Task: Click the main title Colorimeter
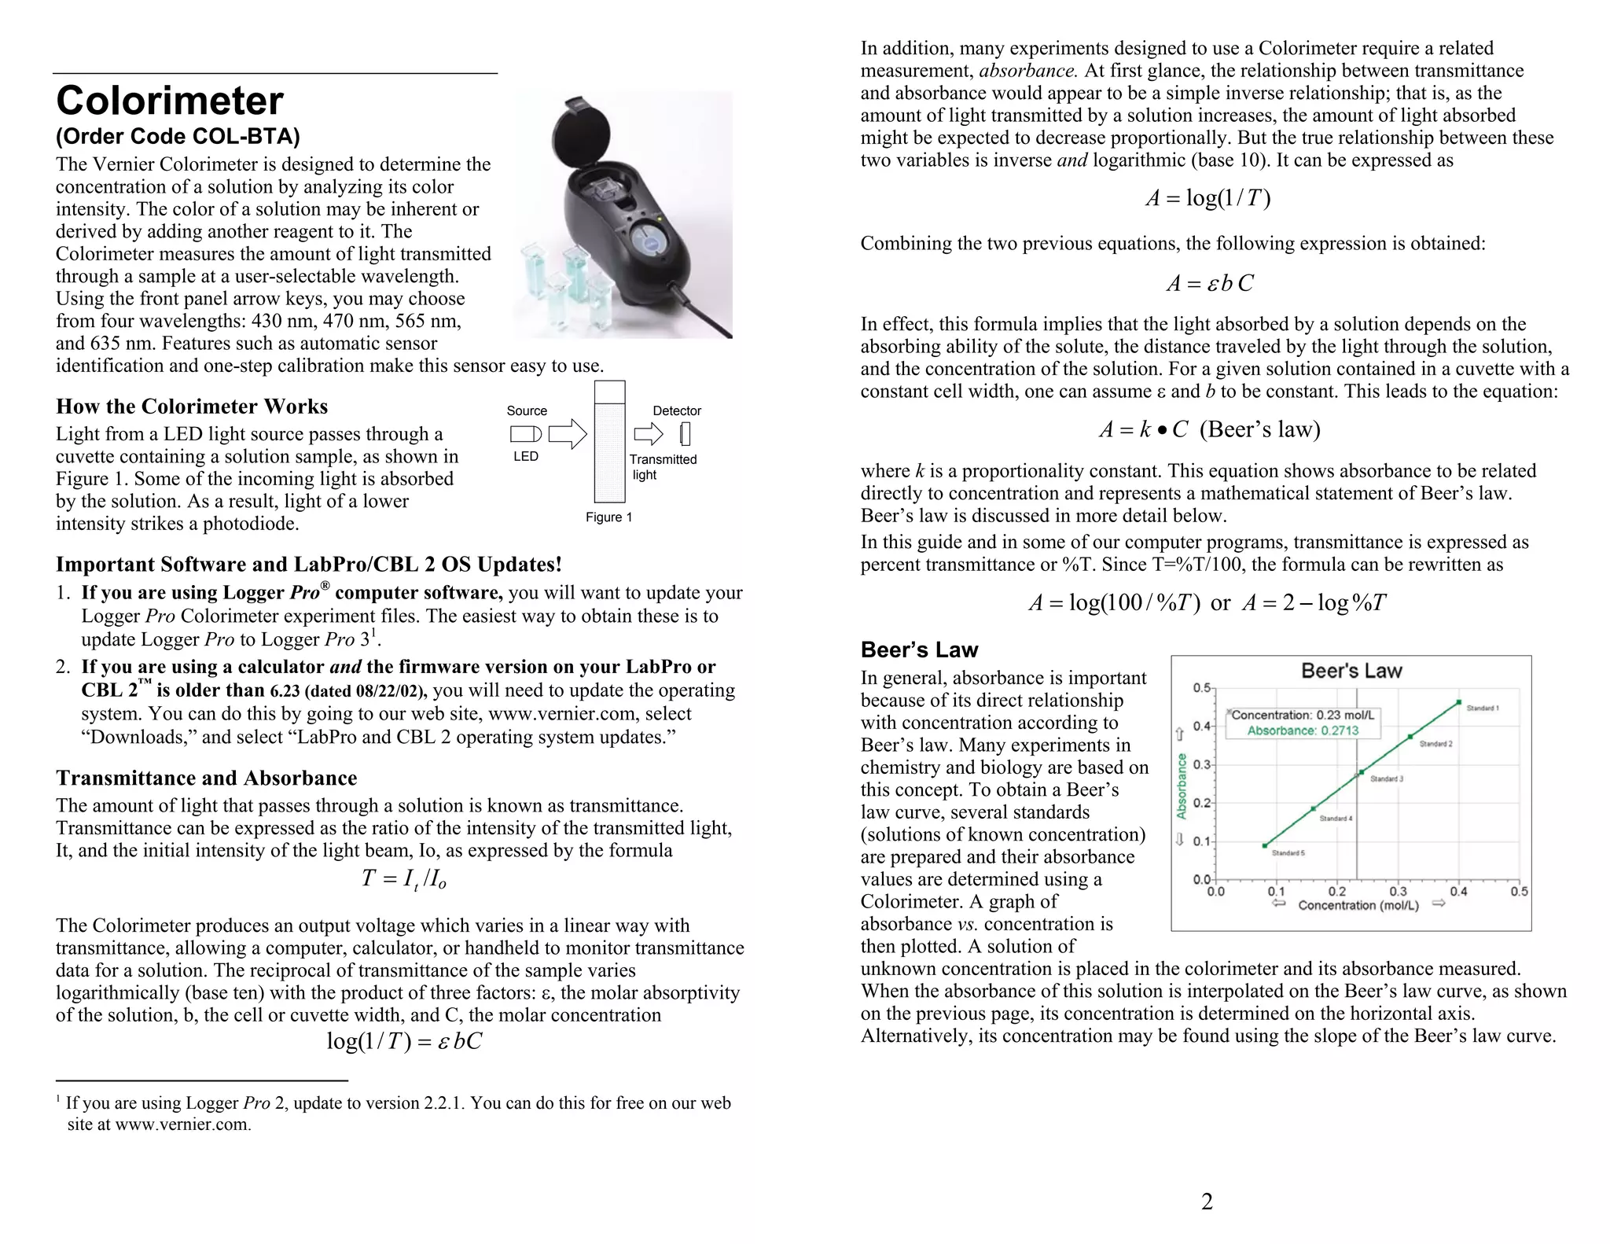[170, 101]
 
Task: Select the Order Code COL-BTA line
[178, 137]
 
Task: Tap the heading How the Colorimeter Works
[192, 407]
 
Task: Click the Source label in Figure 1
[526, 410]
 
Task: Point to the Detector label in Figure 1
[676, 410]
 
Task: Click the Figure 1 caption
[608, 517]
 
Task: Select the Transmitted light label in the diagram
[662, 467]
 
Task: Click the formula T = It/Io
[403, 879]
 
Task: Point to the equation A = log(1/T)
[1207, 198]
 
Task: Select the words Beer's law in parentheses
[1259, 429]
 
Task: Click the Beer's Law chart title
[1351, 671]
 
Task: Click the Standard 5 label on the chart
[1288, 853]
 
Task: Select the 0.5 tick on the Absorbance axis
[1202, 688]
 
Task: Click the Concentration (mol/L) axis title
[1358, 906]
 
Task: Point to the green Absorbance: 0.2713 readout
[1302, 731]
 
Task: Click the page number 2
[1207, 1202]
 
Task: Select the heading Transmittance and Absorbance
[206, 778]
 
